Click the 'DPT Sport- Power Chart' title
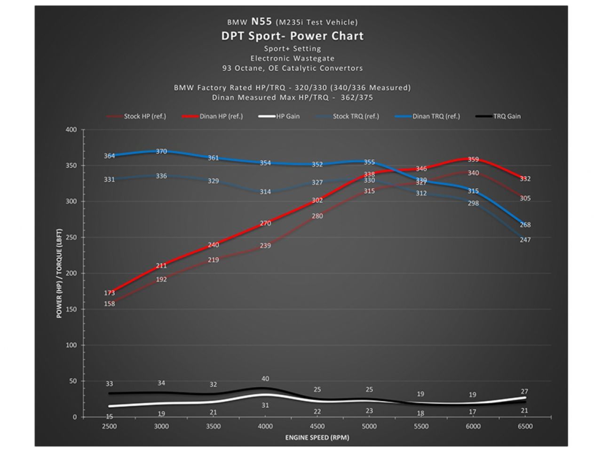tap(292, 36)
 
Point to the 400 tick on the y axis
tap(71, 129)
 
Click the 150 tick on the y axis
tap(71, 309)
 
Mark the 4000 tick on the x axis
tap(265, 426)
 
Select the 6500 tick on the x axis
tap(525, 426)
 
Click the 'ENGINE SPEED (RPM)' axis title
tap(317, 437)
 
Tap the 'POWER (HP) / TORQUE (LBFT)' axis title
tap(59, 273)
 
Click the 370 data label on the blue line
tap(161, 152)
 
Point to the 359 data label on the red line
tap(473, 159)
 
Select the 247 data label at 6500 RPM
tap(525, 240)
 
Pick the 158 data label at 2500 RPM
tap(109, 304)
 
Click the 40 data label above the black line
tap(265, 379)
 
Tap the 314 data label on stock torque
tap(265, 192)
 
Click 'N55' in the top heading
tap(261, 21)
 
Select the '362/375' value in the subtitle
tap(356, 97)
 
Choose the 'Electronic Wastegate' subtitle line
tap(292, 58)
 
